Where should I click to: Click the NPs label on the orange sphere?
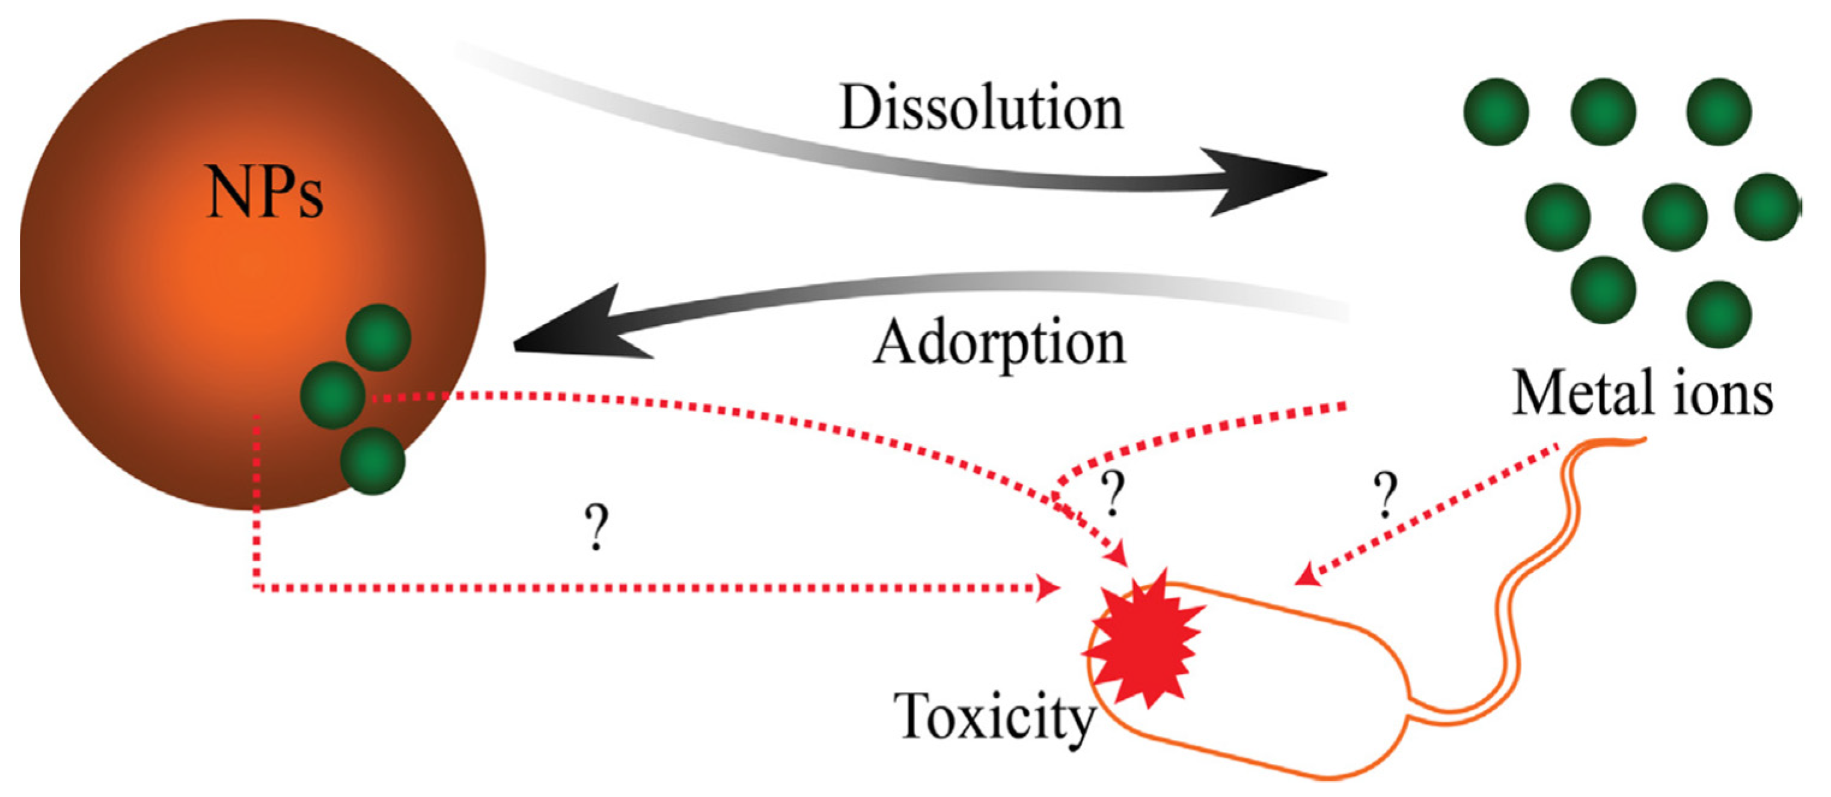point(264,192)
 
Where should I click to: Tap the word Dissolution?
point(981,108)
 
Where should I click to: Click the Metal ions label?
point(1641,394)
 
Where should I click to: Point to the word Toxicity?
point(994,716)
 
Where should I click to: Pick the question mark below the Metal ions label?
point(1384,495)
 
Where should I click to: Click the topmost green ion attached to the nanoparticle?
point(378,338)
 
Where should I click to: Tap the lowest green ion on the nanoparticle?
point(373,461)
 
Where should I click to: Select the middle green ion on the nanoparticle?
point(332,394)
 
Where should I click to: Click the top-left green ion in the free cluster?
point(1496,112)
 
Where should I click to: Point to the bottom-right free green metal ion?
point(1718,314)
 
